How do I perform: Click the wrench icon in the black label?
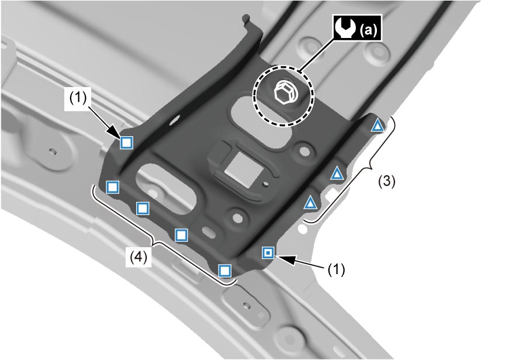(x=345, y=28)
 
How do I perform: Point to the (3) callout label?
(x=387, y=181)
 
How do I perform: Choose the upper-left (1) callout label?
(x=78, y=98)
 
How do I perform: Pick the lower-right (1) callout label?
(x=336, y=269)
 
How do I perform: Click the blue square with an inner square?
(x=268, y=252)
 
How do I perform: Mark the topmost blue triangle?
(x=377, y=125)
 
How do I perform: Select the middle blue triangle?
(x=337, y=174)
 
